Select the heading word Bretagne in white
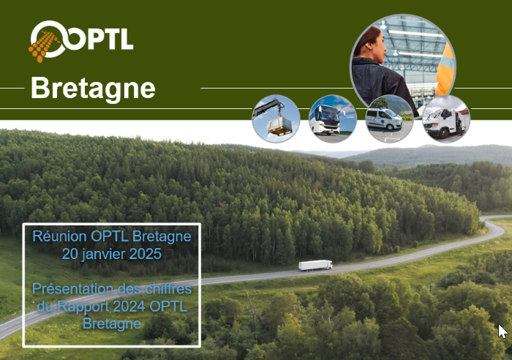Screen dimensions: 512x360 pos(93,89)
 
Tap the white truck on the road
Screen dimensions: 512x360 pos(315,265)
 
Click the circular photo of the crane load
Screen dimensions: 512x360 pos(276,119)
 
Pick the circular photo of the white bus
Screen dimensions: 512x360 pos(332,119)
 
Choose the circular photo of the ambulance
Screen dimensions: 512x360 pos(389,119)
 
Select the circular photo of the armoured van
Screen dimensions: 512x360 pos(446,119)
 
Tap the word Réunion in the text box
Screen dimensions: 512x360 pos(60,236)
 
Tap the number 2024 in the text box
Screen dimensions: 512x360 pos(129,307)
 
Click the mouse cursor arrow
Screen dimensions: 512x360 pos(502,331)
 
